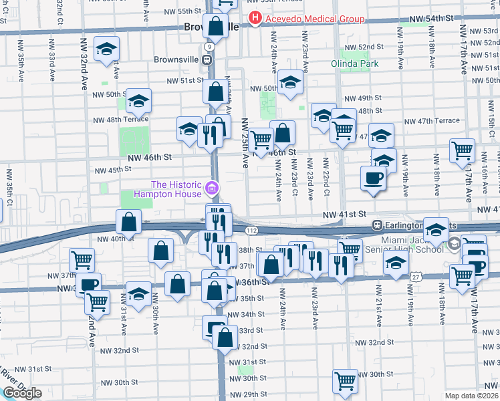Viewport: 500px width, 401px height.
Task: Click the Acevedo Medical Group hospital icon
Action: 255,19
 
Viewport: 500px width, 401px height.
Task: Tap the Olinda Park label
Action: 354,64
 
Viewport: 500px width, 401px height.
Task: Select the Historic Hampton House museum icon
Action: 212,189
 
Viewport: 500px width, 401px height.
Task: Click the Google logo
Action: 22,392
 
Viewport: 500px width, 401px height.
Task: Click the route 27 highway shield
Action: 416,276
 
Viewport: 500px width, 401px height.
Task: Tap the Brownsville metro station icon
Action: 209,59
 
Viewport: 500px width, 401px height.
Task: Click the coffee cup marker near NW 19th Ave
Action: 374,178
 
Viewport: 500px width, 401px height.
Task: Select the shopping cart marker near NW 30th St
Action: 345,381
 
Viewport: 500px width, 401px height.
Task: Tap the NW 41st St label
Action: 345,215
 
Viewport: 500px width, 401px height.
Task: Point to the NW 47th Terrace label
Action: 432,121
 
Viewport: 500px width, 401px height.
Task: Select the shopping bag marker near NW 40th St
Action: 128,221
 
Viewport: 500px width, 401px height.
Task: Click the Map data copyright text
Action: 471,395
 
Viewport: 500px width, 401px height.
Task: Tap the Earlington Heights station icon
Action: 378,225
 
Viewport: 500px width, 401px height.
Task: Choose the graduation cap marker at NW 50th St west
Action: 139,101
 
